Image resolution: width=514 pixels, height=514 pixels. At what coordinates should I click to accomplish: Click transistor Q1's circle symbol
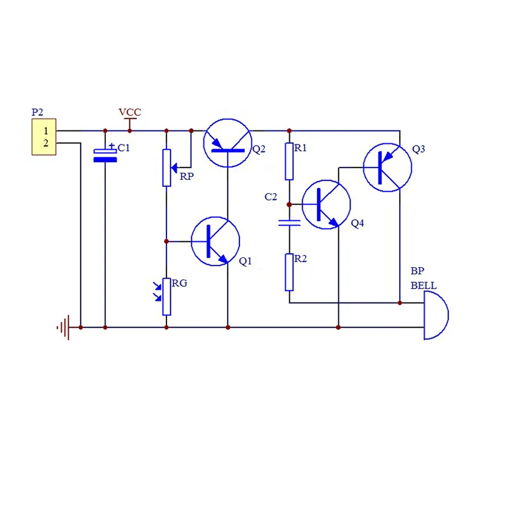click(x=191, y=241)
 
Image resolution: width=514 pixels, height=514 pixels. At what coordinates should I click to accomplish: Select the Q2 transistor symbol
click(x=203, y=143)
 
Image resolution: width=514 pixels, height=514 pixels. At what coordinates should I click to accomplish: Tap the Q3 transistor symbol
click(x=363, y=168)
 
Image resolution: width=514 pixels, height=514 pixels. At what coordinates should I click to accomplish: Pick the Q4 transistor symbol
click(x=302, y=205)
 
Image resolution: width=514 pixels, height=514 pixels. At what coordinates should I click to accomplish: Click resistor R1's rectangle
click(x=289, y=161)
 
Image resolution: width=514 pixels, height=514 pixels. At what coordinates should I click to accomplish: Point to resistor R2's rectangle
click(x=289, y=272)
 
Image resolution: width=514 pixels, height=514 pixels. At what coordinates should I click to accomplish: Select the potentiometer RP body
click(x=167, y=168)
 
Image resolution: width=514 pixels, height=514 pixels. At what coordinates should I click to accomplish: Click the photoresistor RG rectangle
click(x=167, y=297)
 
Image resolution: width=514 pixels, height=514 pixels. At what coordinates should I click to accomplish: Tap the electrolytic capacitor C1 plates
click(x=105, y=156)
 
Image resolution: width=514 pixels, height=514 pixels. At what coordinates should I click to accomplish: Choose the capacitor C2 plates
click(x=289, y=223)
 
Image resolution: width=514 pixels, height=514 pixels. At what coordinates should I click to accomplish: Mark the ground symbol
click(x=65, y=327)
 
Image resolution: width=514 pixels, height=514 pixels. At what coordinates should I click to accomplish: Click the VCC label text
click(x=130, y=112)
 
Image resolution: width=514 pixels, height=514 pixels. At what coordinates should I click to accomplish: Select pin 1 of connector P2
click(x=46, y=131)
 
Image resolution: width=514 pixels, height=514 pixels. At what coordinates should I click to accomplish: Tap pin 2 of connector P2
click(x=46, y=143)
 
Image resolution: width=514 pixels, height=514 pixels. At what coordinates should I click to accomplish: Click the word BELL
click(x=424, y=285)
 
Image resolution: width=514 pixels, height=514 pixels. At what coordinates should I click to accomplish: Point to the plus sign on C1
click(x=112, y=145)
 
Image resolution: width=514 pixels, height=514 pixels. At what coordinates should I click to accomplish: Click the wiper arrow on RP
click(x=174, y=168)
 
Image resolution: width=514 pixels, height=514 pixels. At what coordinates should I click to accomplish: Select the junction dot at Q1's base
click(x=167, y=241)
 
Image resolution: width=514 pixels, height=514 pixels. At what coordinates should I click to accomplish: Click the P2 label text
click(x=38, y=112)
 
